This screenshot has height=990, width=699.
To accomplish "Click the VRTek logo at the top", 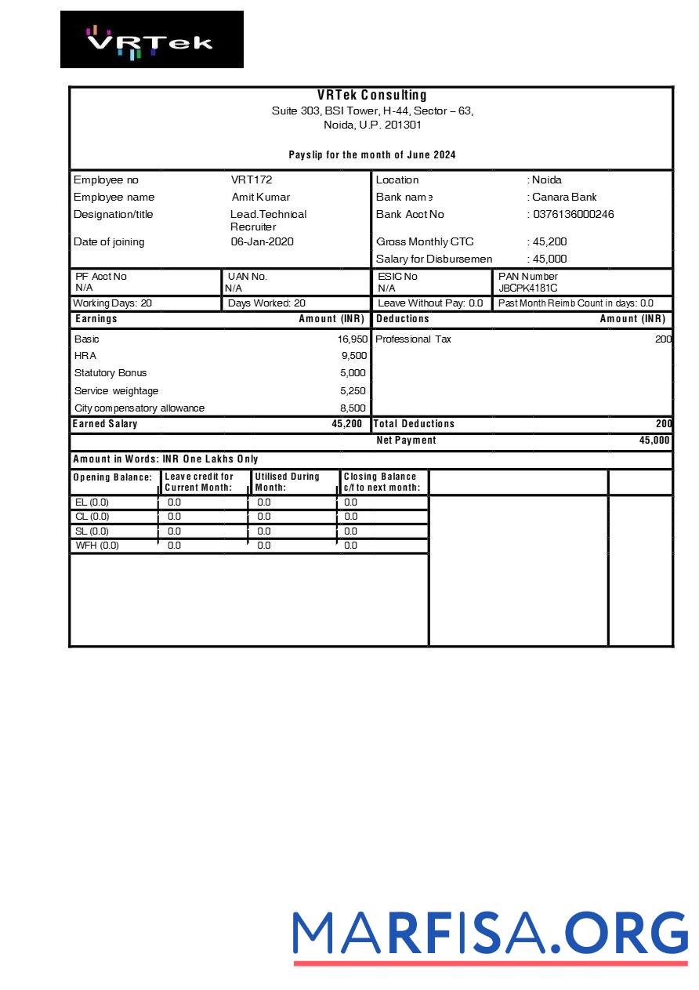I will [x=151, y=40].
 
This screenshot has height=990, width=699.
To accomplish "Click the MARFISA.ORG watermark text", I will [x=490, y=933].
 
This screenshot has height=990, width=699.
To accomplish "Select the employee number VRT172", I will [x=252, y=180].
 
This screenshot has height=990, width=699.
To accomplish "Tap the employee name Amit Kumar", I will [x=261, y=198].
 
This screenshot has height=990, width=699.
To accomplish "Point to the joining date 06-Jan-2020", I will [x=262, y=242].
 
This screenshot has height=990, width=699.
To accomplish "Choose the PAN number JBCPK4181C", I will [x=528, y=288].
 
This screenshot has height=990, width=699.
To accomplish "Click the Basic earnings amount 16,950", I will [x=353, y=339].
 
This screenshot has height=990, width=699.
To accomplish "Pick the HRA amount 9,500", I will [x=354, y=356].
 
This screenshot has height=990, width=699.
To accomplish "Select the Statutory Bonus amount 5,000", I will [x=353, y=373].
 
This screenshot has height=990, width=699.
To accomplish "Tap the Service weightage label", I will [x=116, y=391].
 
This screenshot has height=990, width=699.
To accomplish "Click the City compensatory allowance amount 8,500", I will [x=353, y=408].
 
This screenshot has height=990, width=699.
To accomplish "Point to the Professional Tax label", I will [x=413, y=339].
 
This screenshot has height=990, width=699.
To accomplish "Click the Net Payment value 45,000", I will [x=654, y=441].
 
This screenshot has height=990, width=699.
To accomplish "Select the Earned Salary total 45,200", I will [x=347, y=424].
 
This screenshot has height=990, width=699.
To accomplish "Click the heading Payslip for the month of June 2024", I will [x=372, y=155].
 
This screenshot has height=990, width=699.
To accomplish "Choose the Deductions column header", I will [x=403, y=319].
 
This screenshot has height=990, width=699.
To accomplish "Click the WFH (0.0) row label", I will [x=97, y=546].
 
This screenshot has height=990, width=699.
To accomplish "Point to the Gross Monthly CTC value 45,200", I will [x=549, y=242].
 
